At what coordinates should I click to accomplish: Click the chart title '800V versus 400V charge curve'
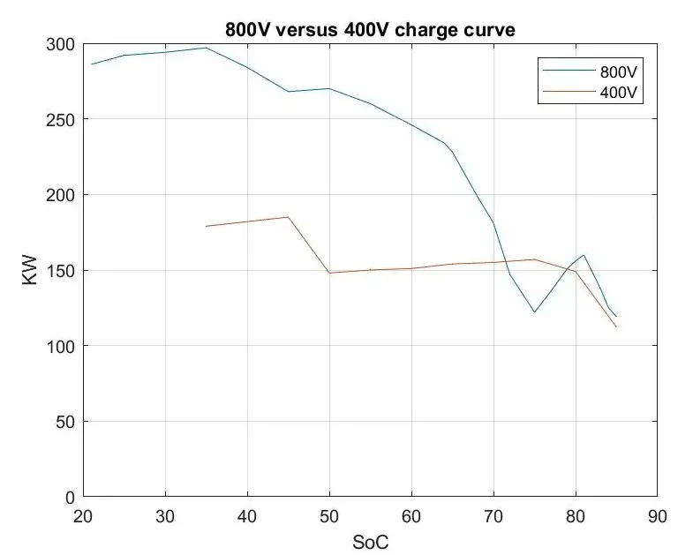tap(371, 30)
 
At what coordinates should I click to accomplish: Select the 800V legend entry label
tap(619, 71)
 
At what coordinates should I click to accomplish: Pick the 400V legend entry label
tap(619, 93)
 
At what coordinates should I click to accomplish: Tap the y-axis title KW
tap(30, 270)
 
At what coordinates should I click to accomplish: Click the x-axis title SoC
tap(371, 542)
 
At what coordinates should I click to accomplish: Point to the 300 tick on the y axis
tap(60, 45)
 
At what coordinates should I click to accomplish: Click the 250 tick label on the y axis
tap(60, 120)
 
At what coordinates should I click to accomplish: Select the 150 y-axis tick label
tap(60, 271)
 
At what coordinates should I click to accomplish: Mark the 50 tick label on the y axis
tap(65, 422)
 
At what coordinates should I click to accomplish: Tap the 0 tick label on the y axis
tap(70, 498)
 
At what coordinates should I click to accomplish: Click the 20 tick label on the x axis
tap(83, 516)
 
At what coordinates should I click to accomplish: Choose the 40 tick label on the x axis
tap(247, 516)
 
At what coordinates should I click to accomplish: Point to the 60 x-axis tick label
tap(411, 516)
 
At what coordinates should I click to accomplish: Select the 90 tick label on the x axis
tap(657, 516)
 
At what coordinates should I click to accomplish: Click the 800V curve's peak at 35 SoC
tap(206, 48)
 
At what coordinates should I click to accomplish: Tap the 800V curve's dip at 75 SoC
tap(534, 312)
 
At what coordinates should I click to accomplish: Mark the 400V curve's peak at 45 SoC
tap(288, 217)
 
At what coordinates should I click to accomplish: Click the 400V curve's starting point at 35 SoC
tap(206, 226)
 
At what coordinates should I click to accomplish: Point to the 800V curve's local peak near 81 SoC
tap(584, 255)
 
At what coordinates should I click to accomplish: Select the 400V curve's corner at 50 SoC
tap(329, 273)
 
